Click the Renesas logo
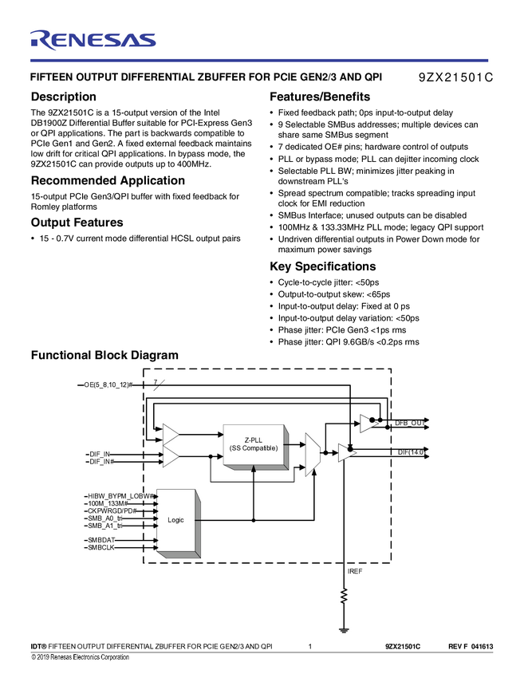pos(93,40)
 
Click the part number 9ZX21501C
pos(455,78)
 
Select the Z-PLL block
pos(253,445)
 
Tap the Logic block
pos(176,520)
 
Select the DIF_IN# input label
pos(101,462)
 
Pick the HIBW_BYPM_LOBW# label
pos(121,495)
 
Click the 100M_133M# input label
pos(108,503)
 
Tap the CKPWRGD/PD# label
pos(112,510)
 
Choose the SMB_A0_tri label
pos(105,518)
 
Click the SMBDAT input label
pos(101,540)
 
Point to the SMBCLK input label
pos(101,548)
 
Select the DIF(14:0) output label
pos(412,452)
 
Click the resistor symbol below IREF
pos(344,596)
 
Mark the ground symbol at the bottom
pos(344,629)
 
